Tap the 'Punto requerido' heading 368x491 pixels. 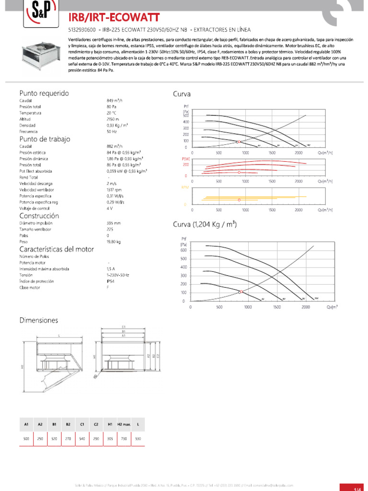[44, 93]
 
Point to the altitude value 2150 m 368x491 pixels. [113, 119]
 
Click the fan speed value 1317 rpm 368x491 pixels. [115, 190]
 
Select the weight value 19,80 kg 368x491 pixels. [114, 242]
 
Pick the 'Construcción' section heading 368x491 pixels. [39, 216]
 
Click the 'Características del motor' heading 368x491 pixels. [57, 249]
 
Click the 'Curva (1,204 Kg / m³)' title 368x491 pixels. [205, 224]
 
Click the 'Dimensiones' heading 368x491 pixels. [39, 319]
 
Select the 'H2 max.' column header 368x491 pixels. [124, 424]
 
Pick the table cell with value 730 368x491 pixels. [124, 439]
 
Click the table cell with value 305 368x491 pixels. [110, 439]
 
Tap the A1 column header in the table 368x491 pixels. [26, 424]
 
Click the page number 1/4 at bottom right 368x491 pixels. [356, 488]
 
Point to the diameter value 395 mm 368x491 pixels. [114, 223]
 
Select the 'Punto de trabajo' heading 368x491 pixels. [45, 139]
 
